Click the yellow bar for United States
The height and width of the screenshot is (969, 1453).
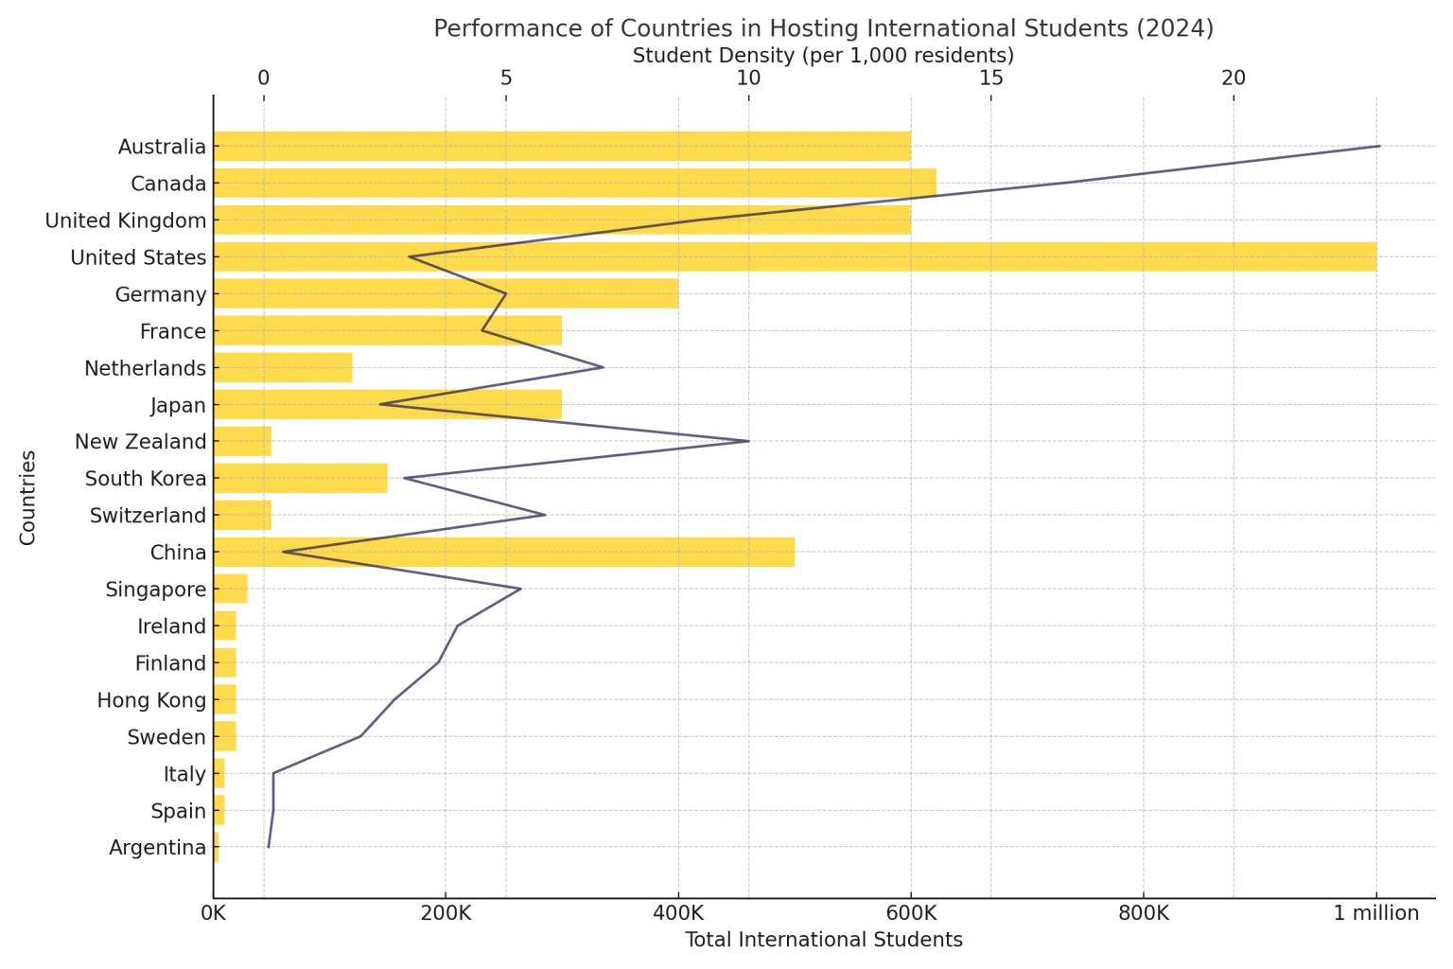[795, 257]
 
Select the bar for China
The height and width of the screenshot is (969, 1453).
[503, 553]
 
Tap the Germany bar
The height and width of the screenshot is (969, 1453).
[446, 294]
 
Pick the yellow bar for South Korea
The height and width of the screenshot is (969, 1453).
[300, 479]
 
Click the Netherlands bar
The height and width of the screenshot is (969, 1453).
[282, 368]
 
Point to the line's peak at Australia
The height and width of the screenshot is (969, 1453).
[1379, 147]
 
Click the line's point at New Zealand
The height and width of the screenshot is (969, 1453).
[748, 441]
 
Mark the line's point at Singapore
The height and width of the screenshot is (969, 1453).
[520, 589]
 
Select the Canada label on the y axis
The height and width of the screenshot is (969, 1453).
[168, 184]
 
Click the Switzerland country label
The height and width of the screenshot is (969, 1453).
[148, 516]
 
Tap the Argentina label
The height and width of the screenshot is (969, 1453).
[157, 848]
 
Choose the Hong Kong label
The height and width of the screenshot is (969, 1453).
[151, 700]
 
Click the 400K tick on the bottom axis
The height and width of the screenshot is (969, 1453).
[678, 914]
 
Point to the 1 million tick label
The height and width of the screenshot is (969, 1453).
[1376, 914]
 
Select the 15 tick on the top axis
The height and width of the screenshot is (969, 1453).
[990, 78]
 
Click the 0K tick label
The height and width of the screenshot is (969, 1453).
[214, 914]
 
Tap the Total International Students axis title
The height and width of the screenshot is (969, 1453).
[823, 940]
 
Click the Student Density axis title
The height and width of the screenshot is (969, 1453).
[823, 55]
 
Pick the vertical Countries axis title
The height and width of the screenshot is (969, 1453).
[27, 498]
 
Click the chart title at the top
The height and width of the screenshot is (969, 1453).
[823, 28]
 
